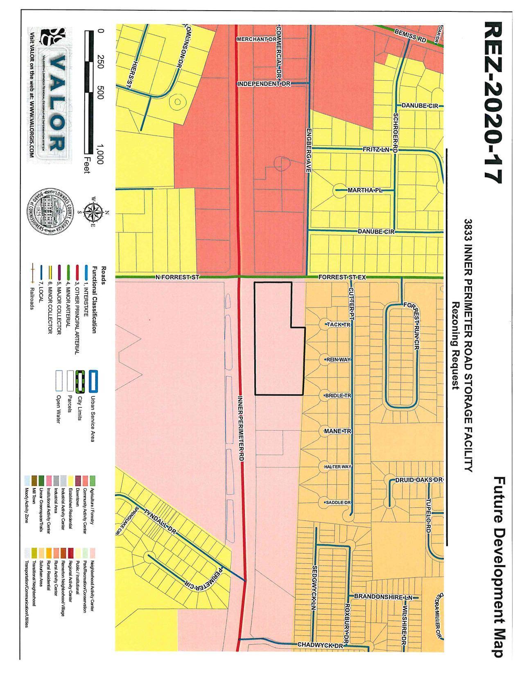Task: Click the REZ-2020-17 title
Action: pyautogui.click(x=493, y=102)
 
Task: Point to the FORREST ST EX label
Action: pyautogui.click(x=342, y=277)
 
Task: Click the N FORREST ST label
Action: pyautogui.click(x=177, y=277)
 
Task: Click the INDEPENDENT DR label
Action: pyautogui.click(x=264, y=84)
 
